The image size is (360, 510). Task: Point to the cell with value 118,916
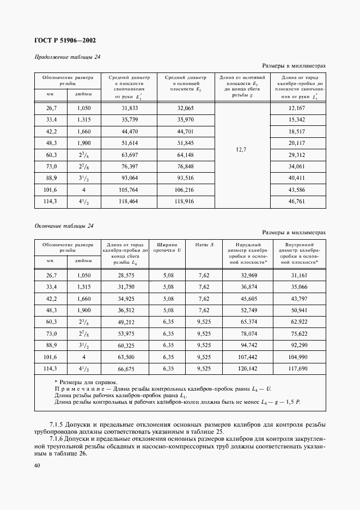[186, 201]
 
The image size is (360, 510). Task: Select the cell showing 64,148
[186, 155]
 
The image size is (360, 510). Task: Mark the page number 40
[37, 465]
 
